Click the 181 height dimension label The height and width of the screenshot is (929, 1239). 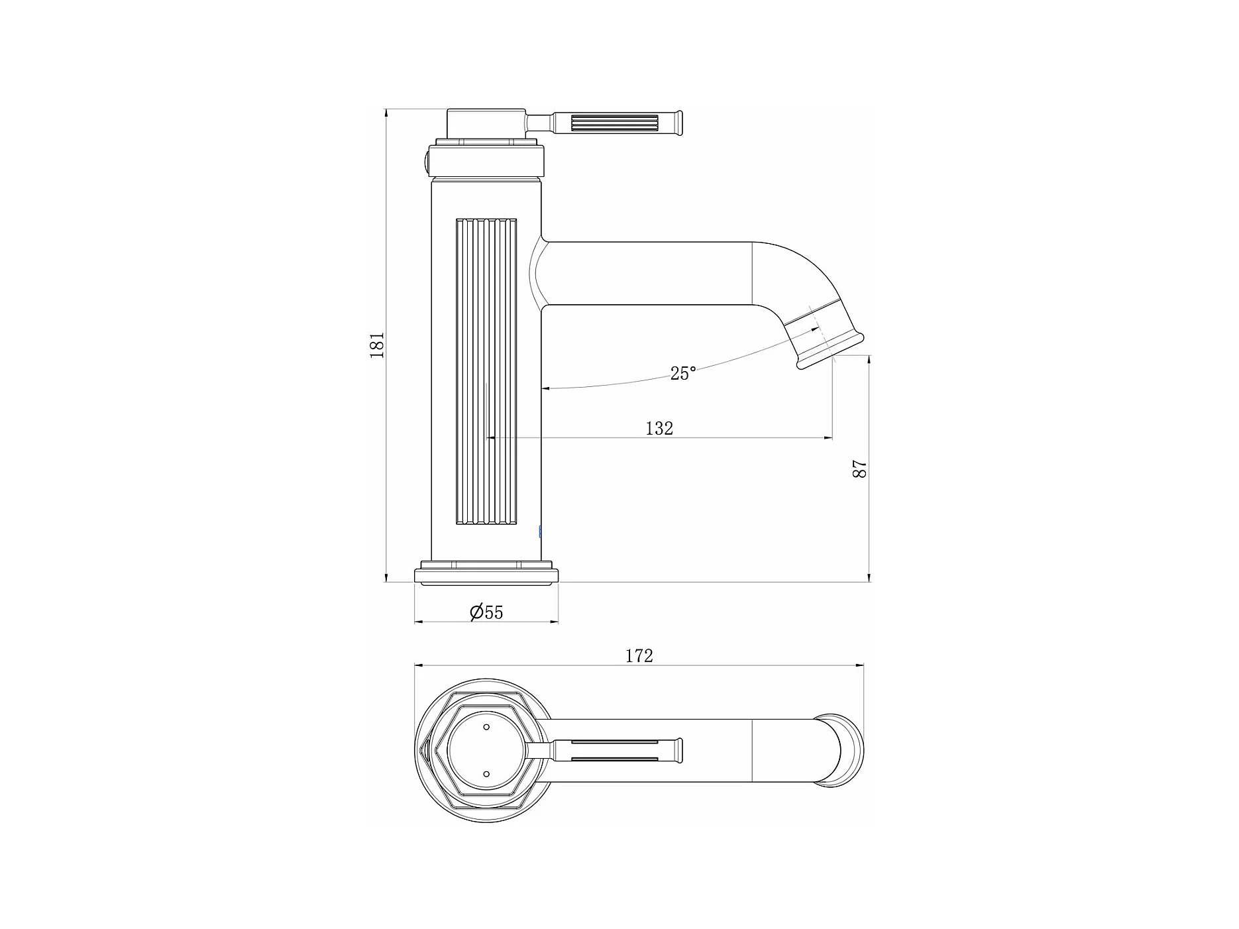[377, 345]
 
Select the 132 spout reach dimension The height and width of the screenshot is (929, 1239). [659, 429]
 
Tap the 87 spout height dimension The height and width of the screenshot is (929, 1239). [860, 468]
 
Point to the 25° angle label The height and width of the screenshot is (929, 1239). [683, 374]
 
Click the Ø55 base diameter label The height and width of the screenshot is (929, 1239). [486, 612]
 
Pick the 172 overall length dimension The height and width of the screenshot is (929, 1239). [639, 656]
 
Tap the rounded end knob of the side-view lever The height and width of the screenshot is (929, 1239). [679, 124]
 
